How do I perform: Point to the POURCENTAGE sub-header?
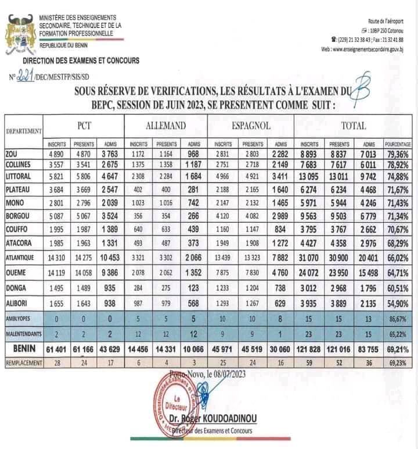click(398, 143)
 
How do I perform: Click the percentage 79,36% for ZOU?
click(398, 154)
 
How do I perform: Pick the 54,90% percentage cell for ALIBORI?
click(398, 303)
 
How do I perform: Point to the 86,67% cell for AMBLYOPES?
click(398, 320)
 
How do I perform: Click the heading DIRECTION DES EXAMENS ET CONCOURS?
click(81, 60)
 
